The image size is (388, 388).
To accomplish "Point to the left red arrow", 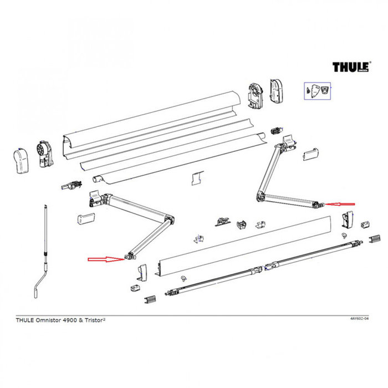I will pos(105,258).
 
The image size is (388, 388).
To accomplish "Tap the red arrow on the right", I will pos(341,204).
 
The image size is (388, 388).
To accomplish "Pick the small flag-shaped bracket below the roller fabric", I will pos(195,178).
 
